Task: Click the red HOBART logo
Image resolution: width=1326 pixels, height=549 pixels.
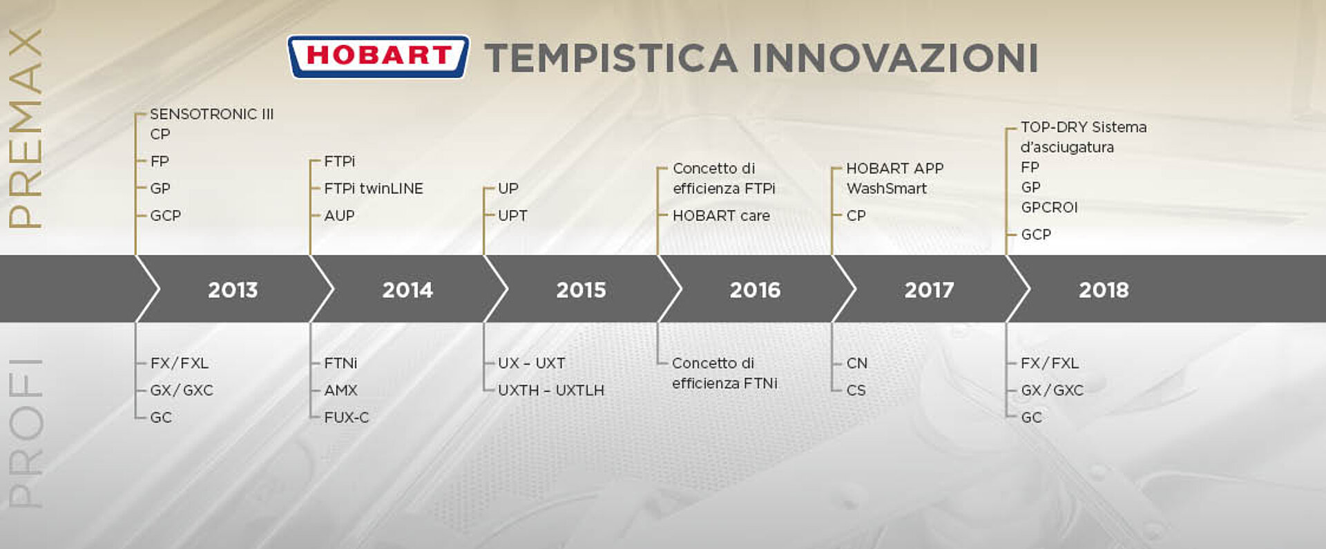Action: click(378, 57)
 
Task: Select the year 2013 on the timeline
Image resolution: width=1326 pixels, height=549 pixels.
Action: click(233, 290)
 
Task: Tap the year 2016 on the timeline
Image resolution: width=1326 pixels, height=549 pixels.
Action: click(755, 290)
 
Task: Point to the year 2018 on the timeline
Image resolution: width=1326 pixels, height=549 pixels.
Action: click(1104, 290)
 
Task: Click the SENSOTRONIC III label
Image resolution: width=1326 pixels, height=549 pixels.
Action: click(212, 114)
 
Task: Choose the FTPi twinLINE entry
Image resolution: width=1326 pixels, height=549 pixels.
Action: click(374, 189)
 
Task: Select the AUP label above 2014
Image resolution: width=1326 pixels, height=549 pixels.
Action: click(339, 215)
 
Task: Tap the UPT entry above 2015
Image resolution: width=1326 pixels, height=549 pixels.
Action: click(512, 215)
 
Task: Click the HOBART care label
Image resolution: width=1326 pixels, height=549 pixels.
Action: click(721, 215)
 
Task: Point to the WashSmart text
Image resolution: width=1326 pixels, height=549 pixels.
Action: click(887, 189)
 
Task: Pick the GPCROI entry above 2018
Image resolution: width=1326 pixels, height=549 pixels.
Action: click(1049, 207)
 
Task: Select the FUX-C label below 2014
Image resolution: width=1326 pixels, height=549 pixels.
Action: click(347, 417)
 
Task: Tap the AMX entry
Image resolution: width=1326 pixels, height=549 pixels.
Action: click(340, 390)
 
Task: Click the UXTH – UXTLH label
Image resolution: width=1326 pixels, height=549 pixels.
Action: click(551, 390)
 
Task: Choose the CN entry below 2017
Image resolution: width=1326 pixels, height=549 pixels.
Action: click(857, 363)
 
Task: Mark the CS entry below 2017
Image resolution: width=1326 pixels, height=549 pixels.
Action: click(856, 390)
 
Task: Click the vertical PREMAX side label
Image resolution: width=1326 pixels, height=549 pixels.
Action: click(25, 128)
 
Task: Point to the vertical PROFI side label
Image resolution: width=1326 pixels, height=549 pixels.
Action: click(25, 434)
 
